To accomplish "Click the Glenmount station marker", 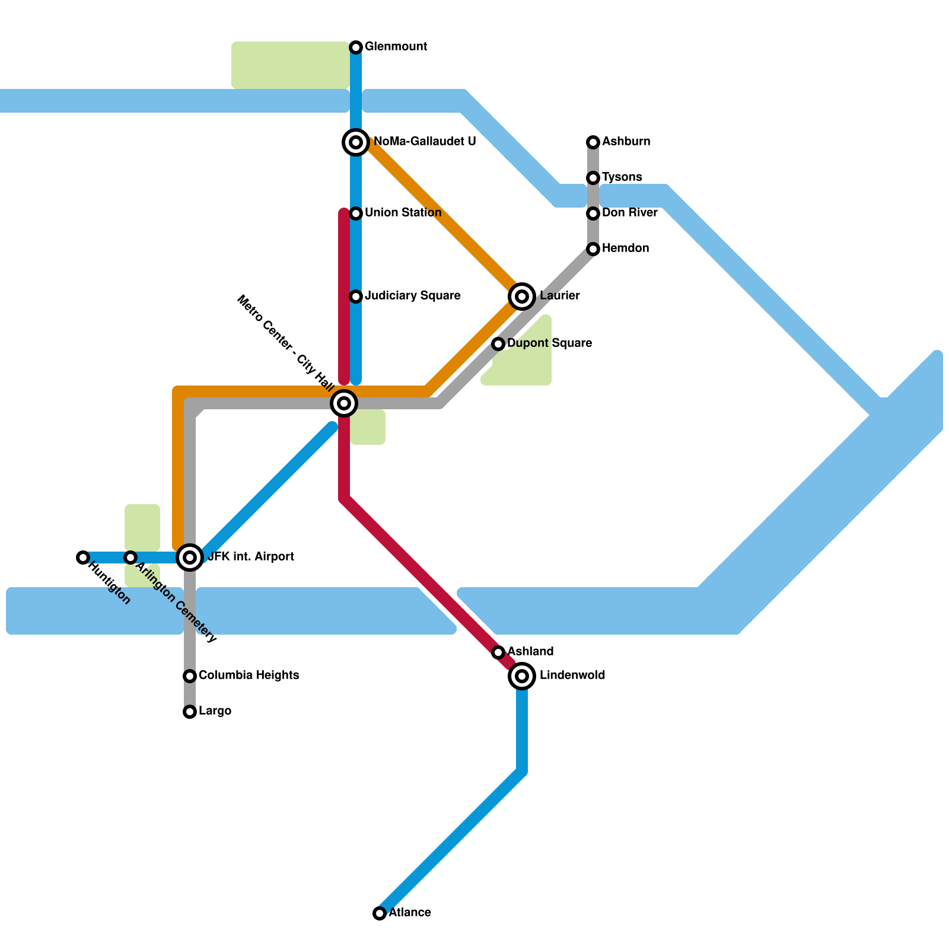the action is tap(356, 47).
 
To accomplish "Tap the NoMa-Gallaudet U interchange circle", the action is tap(356, 142).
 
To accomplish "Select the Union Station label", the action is tap(403, 213).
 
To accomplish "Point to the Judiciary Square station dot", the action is tap(356, 297).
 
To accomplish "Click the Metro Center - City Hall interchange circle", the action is tap(344, 403).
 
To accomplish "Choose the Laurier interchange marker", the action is tap(522, 297).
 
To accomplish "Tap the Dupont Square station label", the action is tap(550, 343).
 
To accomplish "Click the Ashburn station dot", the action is tap(593, 142).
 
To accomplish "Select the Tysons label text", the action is tap(622, 177).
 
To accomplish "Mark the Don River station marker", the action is tap(593, 214).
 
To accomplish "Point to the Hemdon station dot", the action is tap(593, 249).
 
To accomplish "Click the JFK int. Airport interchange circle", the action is tap(190, 558).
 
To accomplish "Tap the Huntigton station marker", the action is tap(83, 558).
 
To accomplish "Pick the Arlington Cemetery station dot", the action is tap(130, 558).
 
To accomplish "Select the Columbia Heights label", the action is tap(249, 676).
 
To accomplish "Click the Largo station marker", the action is tap(190, 712).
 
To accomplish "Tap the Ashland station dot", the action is tap(498, 652).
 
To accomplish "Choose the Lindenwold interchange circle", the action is tap(522, 676).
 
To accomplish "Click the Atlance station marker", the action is tap(380, 913).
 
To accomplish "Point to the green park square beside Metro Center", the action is tap(368, 427).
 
